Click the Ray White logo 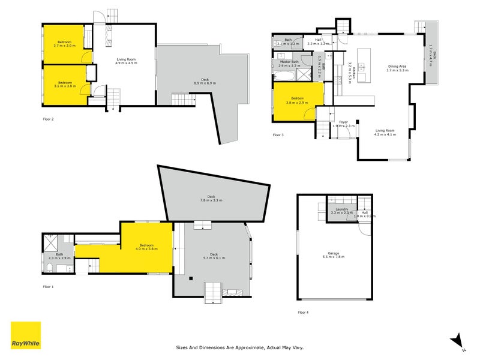click(26, 335)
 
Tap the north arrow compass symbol click(458, 341)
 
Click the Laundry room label click(343, 211)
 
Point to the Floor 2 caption click(49, 119)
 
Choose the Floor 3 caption click(278, 135)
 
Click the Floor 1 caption click(49, 286)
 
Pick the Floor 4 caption click(304, 312)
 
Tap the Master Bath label click(288, 62)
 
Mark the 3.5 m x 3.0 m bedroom click(65, 84)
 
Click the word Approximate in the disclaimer click(247, 347)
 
